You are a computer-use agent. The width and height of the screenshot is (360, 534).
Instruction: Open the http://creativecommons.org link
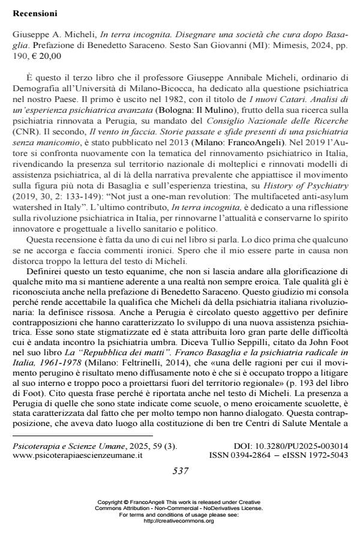180,521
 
